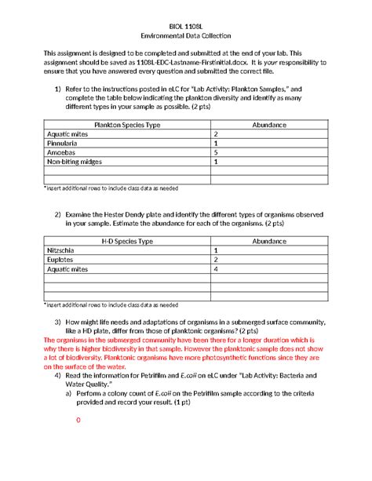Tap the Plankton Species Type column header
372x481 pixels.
tap(127, 125)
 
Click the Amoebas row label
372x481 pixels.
tap(61, 153)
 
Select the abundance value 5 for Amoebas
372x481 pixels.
tap(215, 153)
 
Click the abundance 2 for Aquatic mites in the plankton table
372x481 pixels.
tap(215, 134)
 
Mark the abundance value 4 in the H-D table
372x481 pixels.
tap(215, 269)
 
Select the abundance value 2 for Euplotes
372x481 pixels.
tap(215, 260)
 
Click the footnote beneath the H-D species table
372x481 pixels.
tap(110, 304)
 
